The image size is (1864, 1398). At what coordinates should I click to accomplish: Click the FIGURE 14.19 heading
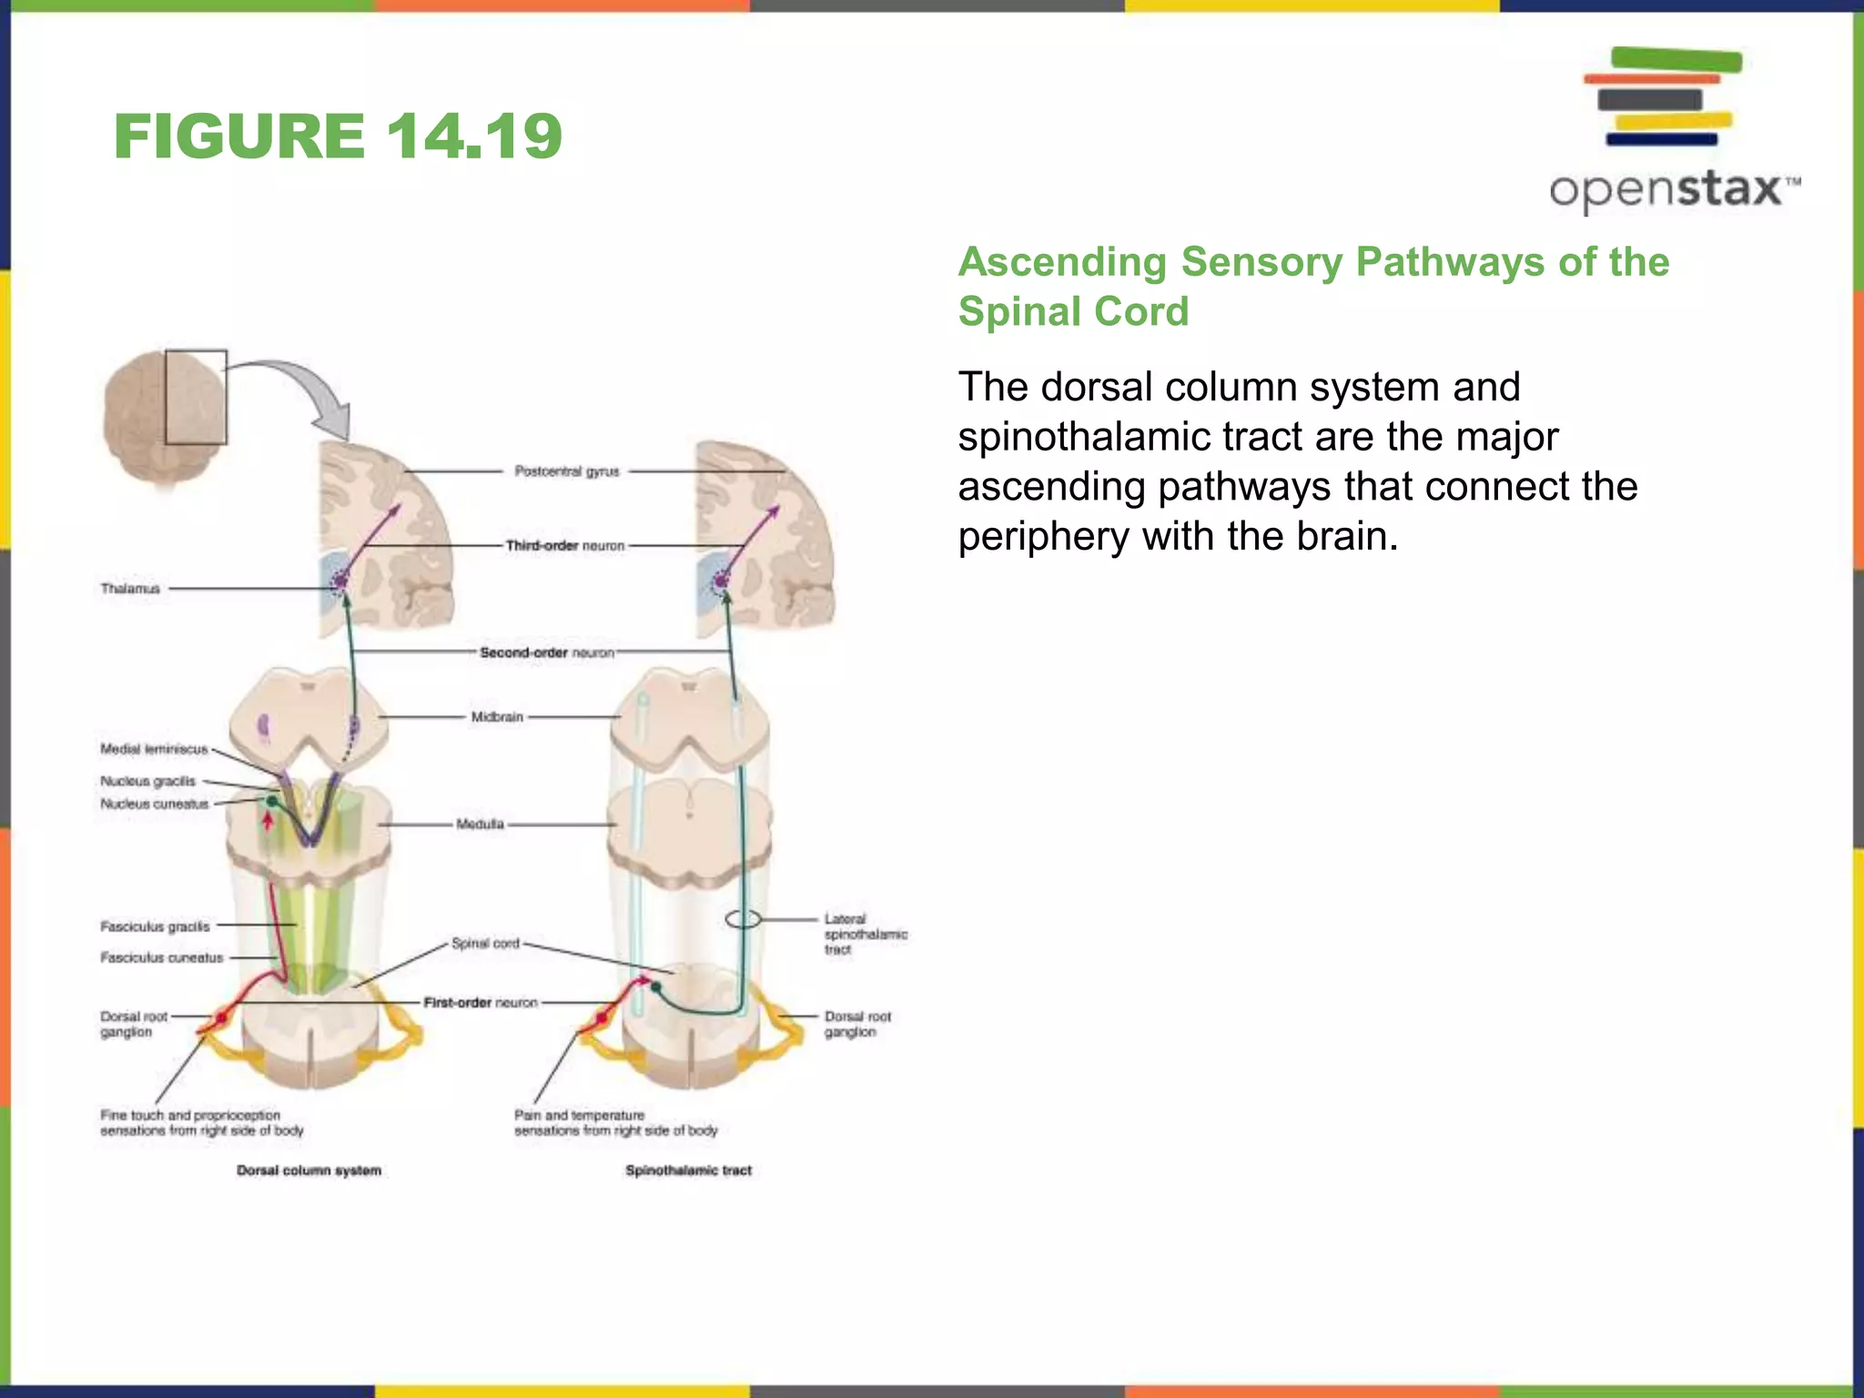pos(338,137)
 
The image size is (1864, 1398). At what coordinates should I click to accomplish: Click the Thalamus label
pos(130,589)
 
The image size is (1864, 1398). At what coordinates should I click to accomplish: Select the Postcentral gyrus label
pos(566,471)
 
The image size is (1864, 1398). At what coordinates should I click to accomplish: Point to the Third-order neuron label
pos(565,546)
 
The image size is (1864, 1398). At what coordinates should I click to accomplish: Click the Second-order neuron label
pos(547,653)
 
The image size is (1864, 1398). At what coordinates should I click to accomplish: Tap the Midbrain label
pos(497,717)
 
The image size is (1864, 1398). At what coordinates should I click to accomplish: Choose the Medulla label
pos(480,825)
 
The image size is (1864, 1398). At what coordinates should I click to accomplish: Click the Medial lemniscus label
pos(154,749)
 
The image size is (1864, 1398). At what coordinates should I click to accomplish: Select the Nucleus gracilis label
pos(147,781)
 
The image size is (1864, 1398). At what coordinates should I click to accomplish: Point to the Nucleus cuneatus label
pos(155,804)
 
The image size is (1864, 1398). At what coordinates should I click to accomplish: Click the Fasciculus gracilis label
pos(155,927)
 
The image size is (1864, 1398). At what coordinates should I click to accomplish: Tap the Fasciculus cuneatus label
pos(161,957)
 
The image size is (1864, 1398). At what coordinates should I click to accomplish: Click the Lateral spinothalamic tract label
pos(866,934)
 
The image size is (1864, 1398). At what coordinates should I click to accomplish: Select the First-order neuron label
pos(481,1002)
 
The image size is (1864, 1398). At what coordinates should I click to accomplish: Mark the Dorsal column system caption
pos(309,1170)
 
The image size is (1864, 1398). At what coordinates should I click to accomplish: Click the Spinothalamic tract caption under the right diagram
pos(688,1170)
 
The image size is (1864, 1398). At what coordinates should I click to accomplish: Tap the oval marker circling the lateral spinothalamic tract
pos(743,919)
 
